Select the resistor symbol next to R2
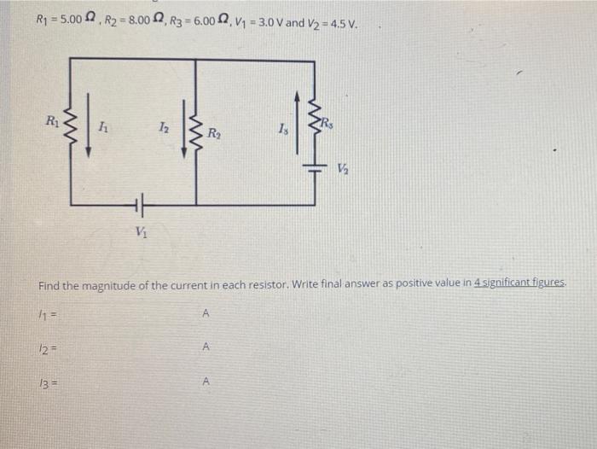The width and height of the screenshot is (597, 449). coord(196,131)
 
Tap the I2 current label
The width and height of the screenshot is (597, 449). coord(162,128)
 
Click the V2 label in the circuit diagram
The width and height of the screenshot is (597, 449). coord(343,169)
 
